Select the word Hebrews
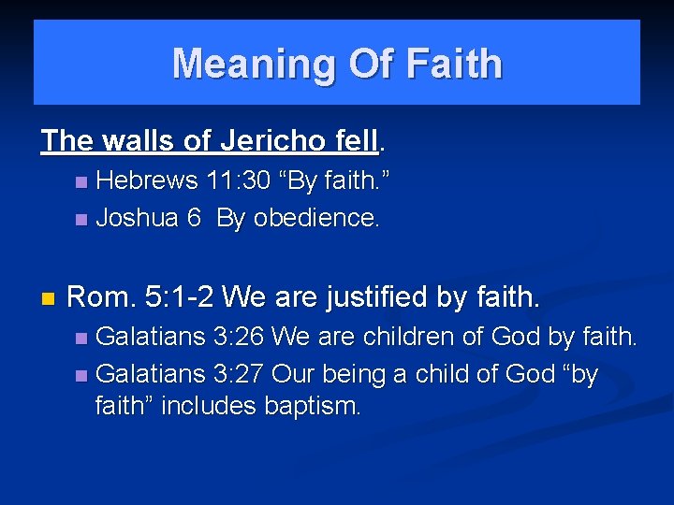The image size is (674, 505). (146, 180)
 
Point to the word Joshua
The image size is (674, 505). (137, 218)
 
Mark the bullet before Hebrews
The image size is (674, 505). (81, 180)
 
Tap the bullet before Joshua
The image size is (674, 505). (81, 219)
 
